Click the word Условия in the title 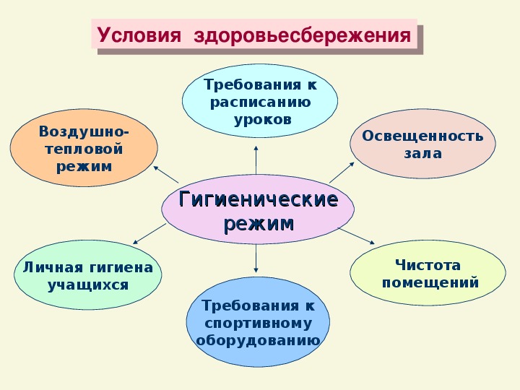point(139,35)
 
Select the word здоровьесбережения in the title point(303,36)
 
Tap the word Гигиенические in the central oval point(259,199)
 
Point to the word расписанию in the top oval point(260,102)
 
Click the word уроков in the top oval point(263,119)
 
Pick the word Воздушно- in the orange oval point(84,131)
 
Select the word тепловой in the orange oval point(84,149)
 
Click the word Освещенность point(422,136)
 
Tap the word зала point(422,154)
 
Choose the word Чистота point(428,265)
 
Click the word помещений point(430,283)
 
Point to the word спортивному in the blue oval point(259,324)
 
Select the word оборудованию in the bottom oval point(258,341)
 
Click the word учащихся point(88,285)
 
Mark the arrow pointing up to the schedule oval point(256,160)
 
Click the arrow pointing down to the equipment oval point(256,259)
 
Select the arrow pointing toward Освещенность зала point(342,173)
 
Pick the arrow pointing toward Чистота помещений point(357,236)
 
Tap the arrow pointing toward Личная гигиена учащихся point(149,234)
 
